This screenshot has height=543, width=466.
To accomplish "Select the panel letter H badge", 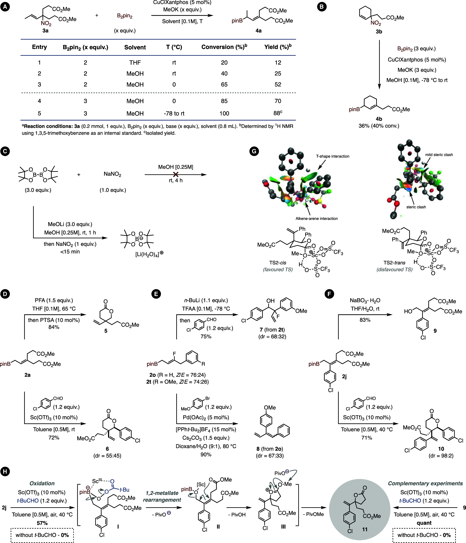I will (5, 472).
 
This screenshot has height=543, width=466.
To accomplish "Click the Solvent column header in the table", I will (135, 47).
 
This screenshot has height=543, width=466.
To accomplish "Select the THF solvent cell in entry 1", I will (135, 63).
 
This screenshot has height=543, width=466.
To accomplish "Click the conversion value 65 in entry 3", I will (224, 84).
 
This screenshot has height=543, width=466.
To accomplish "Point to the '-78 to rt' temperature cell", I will (174, 113).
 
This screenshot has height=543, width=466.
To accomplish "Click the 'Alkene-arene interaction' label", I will (317, 219).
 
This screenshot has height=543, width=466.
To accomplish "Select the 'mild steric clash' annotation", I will (439, 155).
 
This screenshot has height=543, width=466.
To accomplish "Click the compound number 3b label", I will (379, 32).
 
